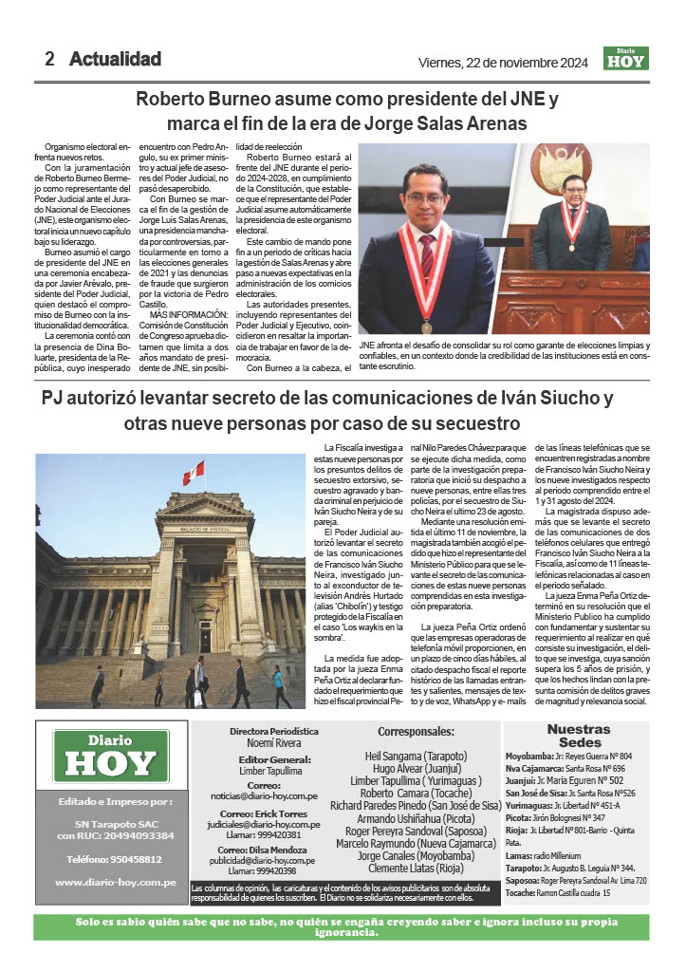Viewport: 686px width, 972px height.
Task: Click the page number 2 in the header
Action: [49, 59]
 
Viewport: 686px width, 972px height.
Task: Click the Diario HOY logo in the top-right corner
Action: [625, 58]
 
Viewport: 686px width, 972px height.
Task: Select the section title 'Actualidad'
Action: [115, 59]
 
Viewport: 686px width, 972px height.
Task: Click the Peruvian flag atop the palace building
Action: [194, 472]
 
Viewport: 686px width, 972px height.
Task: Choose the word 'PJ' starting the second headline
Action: [55, 398]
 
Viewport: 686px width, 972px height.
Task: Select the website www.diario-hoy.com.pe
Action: [115, 883]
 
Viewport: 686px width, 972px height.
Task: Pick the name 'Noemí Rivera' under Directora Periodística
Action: [273, 745]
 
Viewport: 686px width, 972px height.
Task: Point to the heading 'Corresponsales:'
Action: [416, 732]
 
